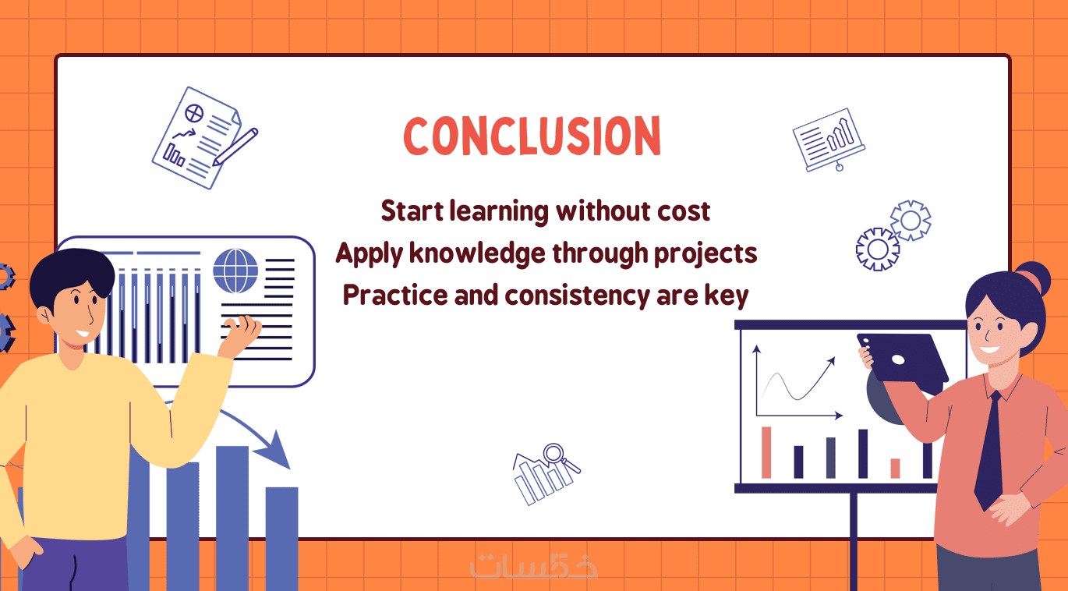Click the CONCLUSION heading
coord(532,136)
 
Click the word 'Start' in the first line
coord(412,211)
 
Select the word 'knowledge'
coord(477,253)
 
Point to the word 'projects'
coord(706,254)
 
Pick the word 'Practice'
coord(394,295)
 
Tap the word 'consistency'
coord(576,295)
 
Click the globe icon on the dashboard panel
coord(235,271)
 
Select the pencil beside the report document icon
coord(235,147)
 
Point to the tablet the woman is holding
coord(901,358)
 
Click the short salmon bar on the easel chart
coord(895,469)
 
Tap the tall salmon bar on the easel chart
coord(766,452)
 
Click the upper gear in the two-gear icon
coord(911,221)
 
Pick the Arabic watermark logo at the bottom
coord(533,566)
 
